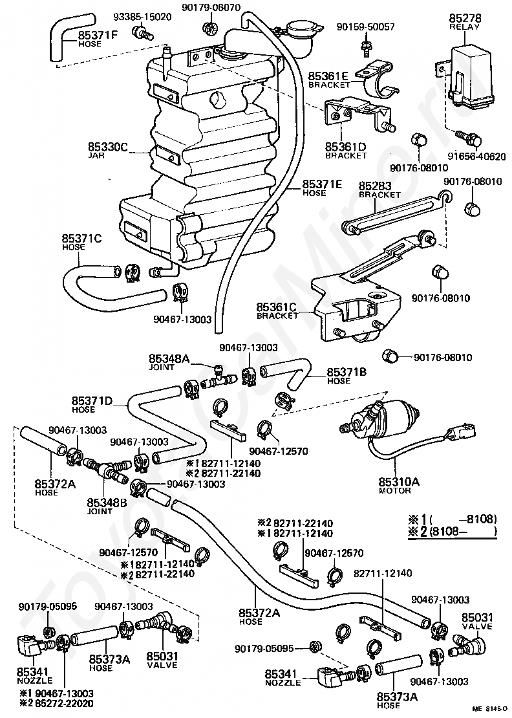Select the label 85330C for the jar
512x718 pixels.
[108, 147]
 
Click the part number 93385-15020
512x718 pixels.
[142, 17]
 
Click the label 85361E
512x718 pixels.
[328, 76]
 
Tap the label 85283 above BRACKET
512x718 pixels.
[375, 186]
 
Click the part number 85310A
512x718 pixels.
[399, 481]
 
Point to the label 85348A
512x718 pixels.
[168, 358]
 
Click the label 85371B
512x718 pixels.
[347, 372]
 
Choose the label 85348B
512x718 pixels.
[107, 503]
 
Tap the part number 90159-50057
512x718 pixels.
[365, 27]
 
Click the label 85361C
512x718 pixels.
[276, 307]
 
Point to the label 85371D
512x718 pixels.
[92, 401]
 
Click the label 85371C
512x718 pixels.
[82, 238]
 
